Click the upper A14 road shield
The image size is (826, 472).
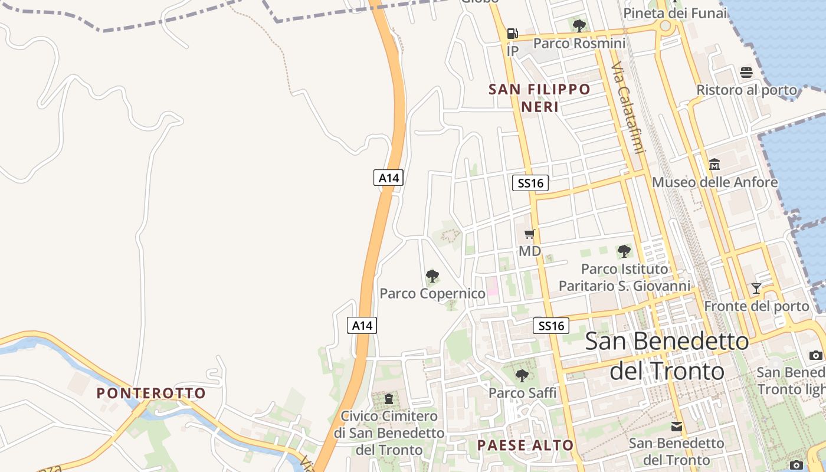click(x=388, y=178)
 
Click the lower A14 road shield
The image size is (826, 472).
click(x=362, y=325)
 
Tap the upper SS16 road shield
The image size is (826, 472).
click(x=530, y=183)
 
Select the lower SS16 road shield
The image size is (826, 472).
click(x=551, y=326)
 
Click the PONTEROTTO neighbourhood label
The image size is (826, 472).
click(x=151, y=393)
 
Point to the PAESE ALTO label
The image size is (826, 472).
click(x=525, y=445)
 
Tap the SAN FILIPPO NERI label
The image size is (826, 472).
click(x=539, y=98)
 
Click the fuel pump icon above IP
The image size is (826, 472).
click(x=512, y=34)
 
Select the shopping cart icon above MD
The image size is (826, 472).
click(x=529, y=234)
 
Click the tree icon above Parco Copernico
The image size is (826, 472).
click(x=432, y=276)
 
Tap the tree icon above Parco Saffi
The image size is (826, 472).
click(x=522, y=375)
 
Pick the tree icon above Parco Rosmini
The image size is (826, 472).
click(x=579, y=25)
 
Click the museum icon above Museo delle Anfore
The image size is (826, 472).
click(x=714, y=164)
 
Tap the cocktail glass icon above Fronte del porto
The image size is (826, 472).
click(x=756, y=289)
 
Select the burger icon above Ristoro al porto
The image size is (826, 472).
click(x=746, y=73)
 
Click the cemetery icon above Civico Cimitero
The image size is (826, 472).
click(x=389, y=399)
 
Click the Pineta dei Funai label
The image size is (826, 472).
click(x=675, y=13)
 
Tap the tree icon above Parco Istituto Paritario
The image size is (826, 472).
click(x=624, y=251)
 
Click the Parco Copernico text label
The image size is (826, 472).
click(x=432, y=293)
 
